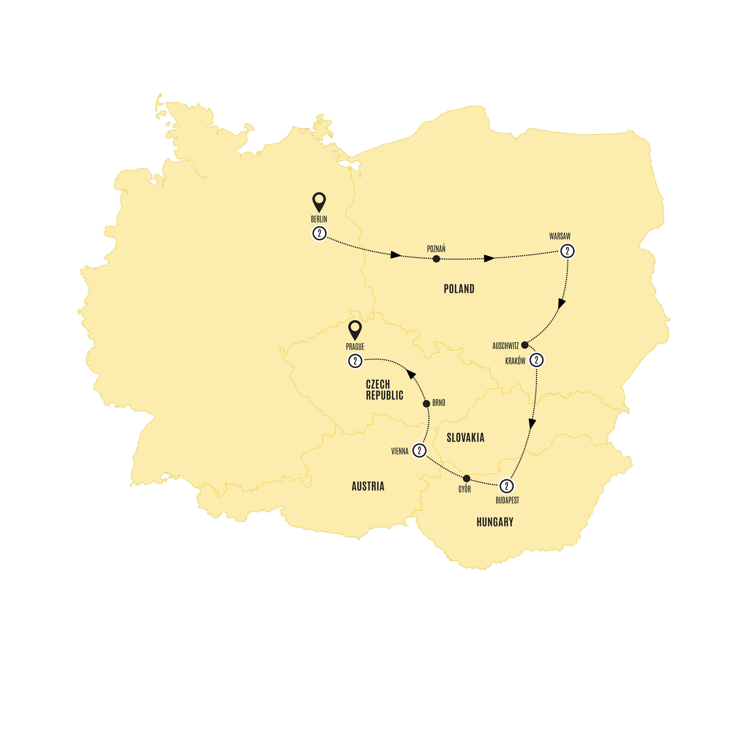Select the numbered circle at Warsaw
pos(567,251)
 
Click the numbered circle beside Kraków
pos(536,360)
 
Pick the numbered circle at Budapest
pos(506,486)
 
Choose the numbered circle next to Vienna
pos(419,450)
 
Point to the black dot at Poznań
pos(436,259)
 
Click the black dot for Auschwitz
pos(525,345)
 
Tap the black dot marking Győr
pos(466,478)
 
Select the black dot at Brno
pos(427,403)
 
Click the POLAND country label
pos(459,289)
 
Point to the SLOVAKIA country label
pos(466,438)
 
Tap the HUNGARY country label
pos(495,522)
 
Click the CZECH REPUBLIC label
pos(384,390)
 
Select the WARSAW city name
pos(560,236)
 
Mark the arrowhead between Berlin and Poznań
pos(395,255)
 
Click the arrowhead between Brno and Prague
pos(411,374)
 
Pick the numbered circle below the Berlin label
pos(319,233)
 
